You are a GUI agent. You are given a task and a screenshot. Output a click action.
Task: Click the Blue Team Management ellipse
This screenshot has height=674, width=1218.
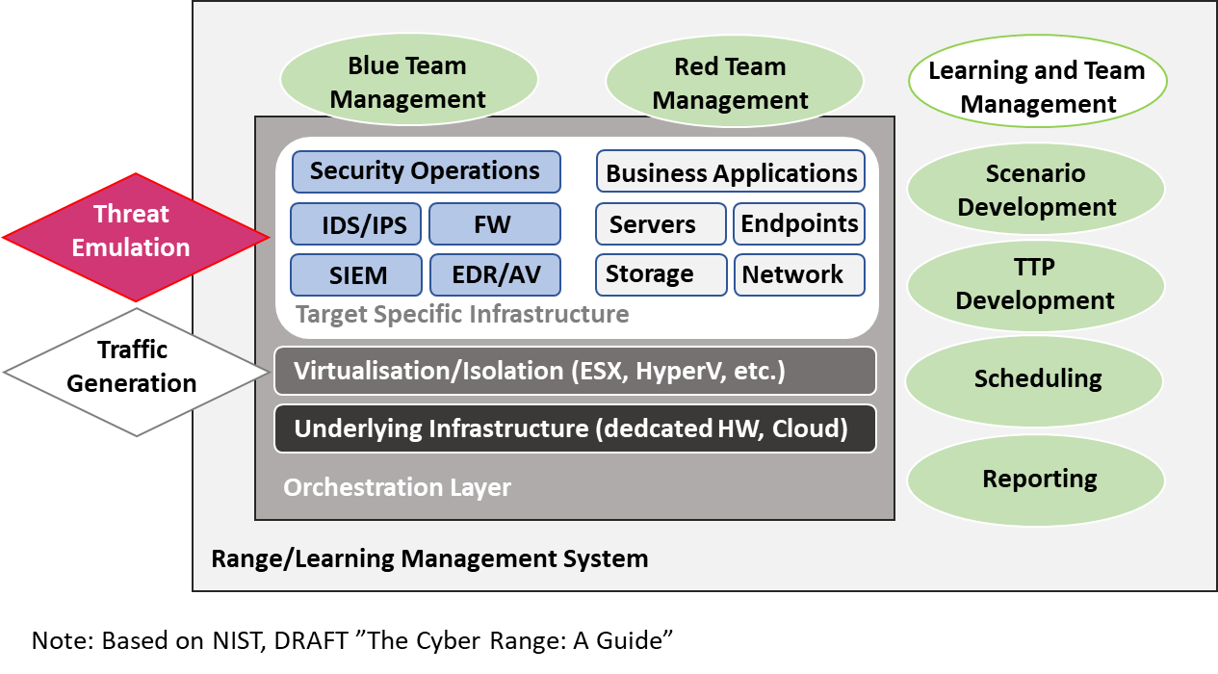tap(407, 82)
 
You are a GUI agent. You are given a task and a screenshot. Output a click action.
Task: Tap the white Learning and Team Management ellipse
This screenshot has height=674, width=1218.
tap(1037, 87)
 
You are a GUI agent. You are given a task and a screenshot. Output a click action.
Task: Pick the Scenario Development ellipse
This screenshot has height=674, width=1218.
tap(1036, 190)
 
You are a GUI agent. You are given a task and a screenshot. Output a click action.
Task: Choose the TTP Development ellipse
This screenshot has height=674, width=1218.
tap(1036, 284)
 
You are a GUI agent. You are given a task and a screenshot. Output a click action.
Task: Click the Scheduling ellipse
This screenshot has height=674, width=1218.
tap(1036, 378)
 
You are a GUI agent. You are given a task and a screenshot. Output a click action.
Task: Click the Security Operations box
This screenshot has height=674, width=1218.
tap(425, 171)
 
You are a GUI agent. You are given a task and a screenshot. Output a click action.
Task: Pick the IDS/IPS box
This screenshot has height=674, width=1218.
tap(356, 224)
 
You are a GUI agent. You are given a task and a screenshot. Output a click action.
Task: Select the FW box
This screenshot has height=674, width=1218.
tap(493, 224)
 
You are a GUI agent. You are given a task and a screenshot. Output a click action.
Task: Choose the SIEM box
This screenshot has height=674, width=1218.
tap(356, 275)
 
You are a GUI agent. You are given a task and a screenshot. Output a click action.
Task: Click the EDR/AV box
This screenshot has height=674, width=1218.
tap(493, 275)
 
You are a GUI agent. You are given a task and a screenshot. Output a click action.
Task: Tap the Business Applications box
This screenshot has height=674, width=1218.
tap(730, 172)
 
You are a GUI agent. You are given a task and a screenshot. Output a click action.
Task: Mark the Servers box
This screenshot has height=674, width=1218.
tap(661, 224)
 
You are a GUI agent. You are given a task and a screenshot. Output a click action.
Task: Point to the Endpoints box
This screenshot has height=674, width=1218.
tap(798, 224)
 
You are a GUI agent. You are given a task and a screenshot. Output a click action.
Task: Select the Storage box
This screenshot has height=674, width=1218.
tap(661, 275)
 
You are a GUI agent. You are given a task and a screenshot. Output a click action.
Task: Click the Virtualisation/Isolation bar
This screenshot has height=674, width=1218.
tap(575, 371)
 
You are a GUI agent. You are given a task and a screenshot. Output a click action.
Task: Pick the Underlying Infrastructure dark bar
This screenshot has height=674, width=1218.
tap(575, 428)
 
